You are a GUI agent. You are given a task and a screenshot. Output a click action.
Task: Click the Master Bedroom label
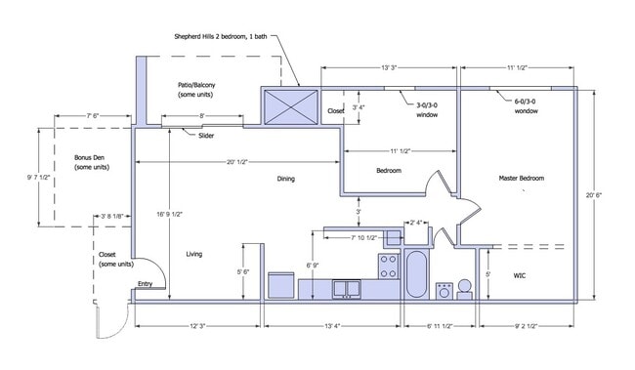(522, 178)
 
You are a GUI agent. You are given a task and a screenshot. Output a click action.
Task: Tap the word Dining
(286, 179)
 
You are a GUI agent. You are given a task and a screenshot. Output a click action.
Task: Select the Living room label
(194, 254)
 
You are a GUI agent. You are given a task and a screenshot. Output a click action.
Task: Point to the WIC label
(520, 275)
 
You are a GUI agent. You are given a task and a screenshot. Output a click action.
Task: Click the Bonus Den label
(92, 162)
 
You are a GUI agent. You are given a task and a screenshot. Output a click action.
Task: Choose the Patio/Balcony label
(196, 90)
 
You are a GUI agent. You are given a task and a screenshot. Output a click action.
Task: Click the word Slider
(206, 136)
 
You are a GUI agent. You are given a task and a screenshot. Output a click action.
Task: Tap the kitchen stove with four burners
(389, 266)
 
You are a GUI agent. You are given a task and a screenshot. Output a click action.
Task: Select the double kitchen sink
(347, 289)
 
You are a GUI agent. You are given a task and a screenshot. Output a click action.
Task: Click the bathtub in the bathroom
(416, 274)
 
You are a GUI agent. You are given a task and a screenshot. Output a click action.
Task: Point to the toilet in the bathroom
(464, 290)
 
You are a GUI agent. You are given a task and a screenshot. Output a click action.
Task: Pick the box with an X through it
(291, 106)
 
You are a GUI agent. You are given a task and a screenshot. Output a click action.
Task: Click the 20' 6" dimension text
(594, 194)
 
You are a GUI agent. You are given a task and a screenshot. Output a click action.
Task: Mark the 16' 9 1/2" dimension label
(170, 215)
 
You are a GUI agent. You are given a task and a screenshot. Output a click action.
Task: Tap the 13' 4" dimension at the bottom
(332, 326)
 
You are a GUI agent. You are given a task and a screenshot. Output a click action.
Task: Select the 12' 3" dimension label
(198, 326)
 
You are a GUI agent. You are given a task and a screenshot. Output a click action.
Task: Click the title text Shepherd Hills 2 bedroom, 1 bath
(221, 36)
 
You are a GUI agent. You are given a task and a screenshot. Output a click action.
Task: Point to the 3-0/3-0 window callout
(427, 110)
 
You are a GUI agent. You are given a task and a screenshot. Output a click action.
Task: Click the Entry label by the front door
(145, 284)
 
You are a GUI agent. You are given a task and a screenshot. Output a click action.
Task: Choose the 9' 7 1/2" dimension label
(39, 178)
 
